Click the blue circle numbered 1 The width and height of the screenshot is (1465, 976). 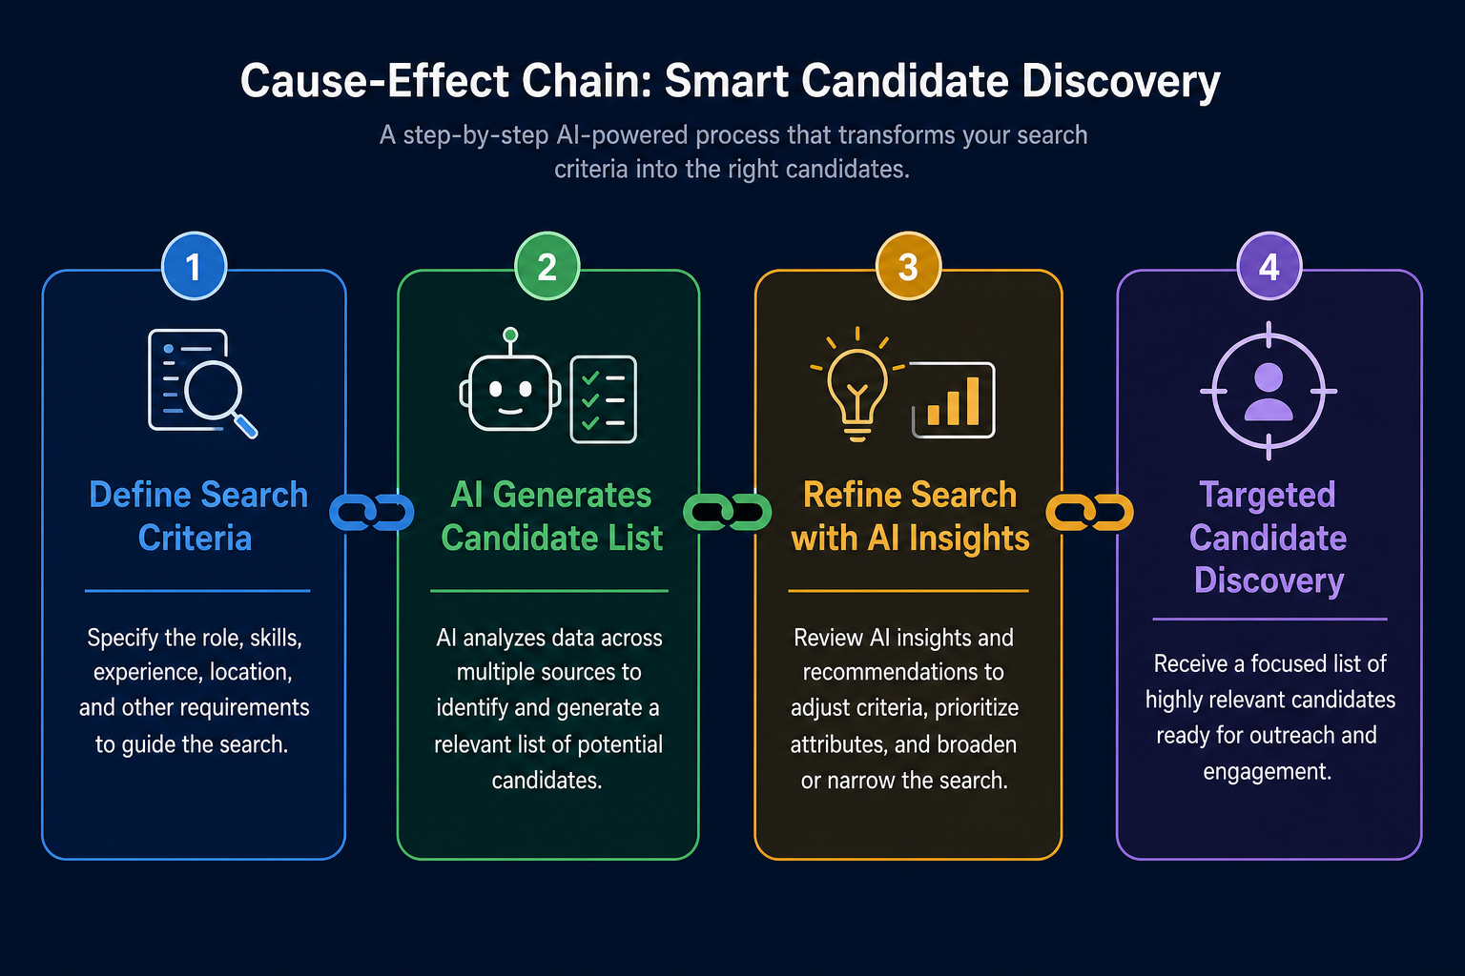tap(194, 266)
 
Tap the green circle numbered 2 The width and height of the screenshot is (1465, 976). tap(547, 266)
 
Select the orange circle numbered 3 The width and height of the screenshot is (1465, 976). tap(908, 266)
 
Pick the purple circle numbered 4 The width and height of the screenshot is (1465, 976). tap(1269, 266)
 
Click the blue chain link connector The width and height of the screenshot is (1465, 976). tap(371, 512)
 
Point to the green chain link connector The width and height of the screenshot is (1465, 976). tap(728, 512)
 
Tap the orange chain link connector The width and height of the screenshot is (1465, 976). tap(1089, 512)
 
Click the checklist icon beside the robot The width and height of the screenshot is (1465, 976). tap(603, 399)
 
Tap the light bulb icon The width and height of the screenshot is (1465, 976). tap(857, 386)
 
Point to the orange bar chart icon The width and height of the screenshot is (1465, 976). tap(954, 399)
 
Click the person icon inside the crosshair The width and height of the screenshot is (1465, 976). tap(1269, 392)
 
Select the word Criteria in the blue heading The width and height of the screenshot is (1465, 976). tap(195, 538)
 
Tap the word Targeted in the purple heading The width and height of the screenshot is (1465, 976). tap(1268, 495)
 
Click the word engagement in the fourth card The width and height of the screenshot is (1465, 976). tap(1267, 771)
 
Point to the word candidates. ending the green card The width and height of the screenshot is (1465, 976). tap(547, 780)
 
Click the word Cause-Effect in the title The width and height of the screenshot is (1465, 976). tap(375, 81)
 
